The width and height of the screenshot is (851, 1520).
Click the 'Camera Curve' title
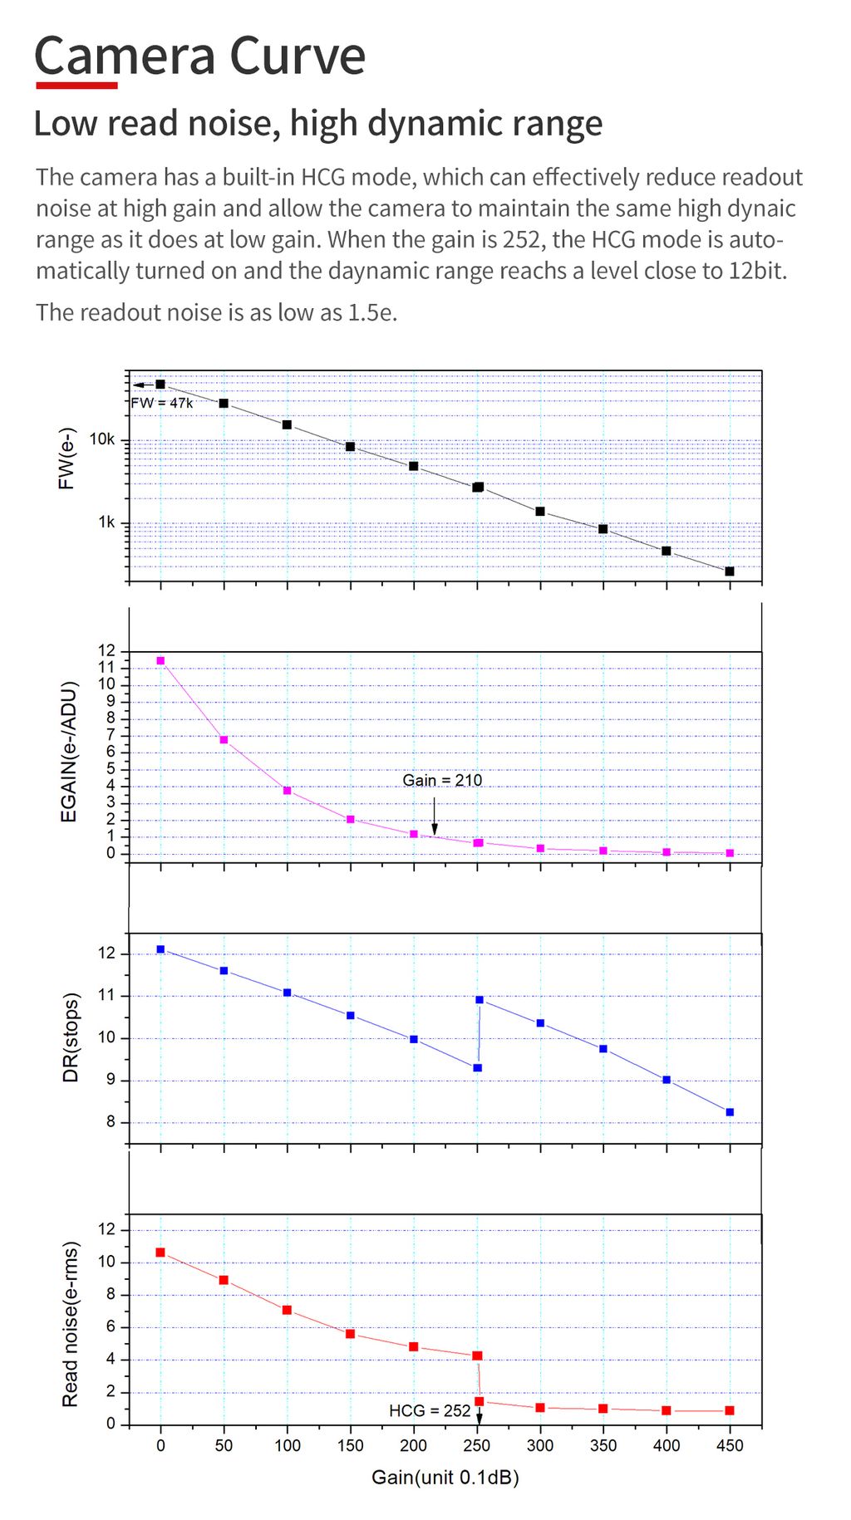[199, 56]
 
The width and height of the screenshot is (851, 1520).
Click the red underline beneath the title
[76, 85]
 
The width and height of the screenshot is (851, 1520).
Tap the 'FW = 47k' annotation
[162, 403]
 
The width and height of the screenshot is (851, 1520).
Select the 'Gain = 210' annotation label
[442, 780]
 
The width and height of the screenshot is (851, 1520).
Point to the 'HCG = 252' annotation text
[430, 1410]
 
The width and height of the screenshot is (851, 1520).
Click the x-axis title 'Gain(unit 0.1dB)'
[445, 1477]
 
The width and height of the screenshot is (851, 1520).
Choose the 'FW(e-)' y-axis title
[67, 458]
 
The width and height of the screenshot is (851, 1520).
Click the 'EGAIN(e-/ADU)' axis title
[69, 752]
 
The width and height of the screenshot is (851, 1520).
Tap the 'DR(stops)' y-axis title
[71, 1037]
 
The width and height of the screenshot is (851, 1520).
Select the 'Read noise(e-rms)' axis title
[71, 1324]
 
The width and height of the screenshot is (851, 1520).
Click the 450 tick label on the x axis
[730, 1445]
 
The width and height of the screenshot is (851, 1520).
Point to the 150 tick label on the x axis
[350, 1445]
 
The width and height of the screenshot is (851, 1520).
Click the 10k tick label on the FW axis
[102, 439]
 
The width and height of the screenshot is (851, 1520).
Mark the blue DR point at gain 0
[160, 949]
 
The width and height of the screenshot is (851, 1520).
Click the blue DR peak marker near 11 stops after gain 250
[480, 1000]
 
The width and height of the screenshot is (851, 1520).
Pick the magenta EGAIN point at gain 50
[224, 739]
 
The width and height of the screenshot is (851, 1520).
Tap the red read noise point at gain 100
[287, 1310]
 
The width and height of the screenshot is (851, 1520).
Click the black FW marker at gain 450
[730, 571]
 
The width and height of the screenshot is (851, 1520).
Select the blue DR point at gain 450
[730, 1112]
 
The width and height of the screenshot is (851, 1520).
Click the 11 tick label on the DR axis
[106, 995]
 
